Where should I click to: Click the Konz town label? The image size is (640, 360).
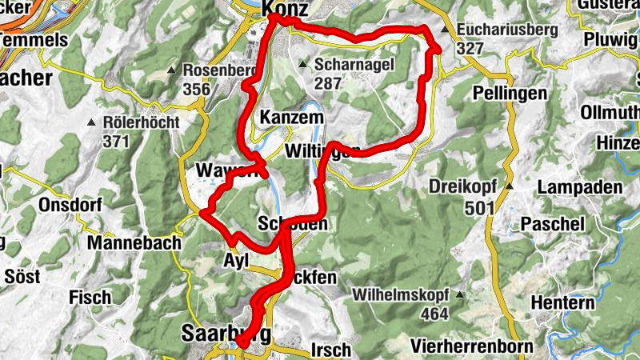click(x=285, y=8)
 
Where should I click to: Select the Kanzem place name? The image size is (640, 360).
click(x=291, y=118)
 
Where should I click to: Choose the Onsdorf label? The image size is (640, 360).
click(x=70, y=205)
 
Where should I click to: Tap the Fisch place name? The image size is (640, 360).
click(x=90, y=297)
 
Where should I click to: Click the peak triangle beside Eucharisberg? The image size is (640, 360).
click(x=446, y=30)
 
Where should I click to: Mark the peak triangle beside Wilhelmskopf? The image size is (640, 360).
click(x=459, y=294)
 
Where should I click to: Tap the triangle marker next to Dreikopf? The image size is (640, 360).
click(x=507, y=186)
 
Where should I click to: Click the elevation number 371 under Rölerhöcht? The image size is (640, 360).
click(x=115, y=141)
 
